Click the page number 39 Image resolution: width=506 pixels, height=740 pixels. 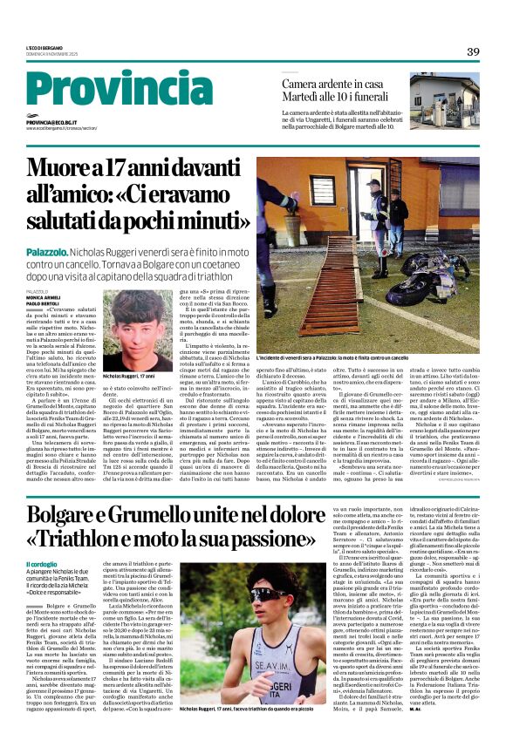coord(473,51)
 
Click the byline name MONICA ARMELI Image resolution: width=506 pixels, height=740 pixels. coord(44,298)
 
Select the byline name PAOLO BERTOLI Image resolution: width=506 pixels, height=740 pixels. coord(43,305)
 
